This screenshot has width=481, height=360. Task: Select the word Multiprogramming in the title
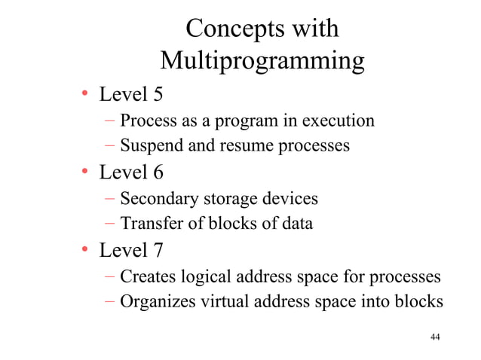[262, 60]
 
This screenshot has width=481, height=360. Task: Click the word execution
[338, 121]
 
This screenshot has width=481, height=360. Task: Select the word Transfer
[151, 224]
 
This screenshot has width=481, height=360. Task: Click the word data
[296, 224]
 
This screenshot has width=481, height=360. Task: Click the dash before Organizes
[110, 301]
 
